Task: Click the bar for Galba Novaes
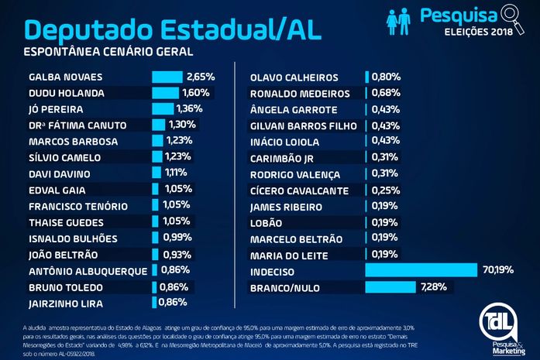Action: [x=167, y=77]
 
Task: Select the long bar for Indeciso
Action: [x=421, y=270]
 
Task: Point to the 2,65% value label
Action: [x=200, y=77]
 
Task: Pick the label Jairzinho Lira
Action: [x=66, y=303]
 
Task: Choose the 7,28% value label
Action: [x=434, y=287]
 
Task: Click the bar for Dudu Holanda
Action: [x=163, y=93]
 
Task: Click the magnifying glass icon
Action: [x=513, y=15]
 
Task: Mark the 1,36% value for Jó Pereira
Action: [x=189, y=109]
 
